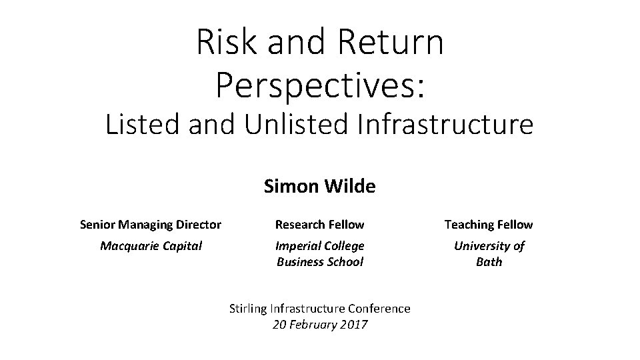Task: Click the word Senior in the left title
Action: coord(97,225)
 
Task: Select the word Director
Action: coord(199,225)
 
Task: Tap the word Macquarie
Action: coord(128,246)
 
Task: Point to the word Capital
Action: coord(180,246)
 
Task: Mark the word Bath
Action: coord(489,262)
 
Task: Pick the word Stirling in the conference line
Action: coord(248,309)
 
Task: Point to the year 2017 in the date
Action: coord(354,325)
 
